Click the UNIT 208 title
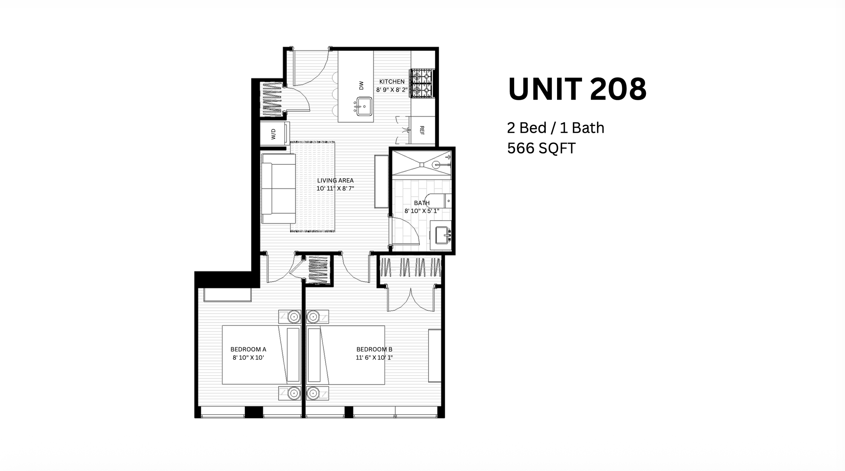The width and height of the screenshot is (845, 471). tap(577, 89)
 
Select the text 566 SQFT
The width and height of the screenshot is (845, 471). tap(541, 148)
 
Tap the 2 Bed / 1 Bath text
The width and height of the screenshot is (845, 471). tap(556, 128)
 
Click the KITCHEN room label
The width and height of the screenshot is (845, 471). tap(392, 81)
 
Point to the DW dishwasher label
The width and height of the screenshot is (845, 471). tap(361, 85)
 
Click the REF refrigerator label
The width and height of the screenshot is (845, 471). tap(422, 130)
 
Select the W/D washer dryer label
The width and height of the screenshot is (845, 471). tap(273, 134)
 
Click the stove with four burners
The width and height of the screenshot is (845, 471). tap(422, 83)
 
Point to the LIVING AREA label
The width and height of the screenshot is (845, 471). tap(335, 181)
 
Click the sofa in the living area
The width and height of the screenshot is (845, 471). tap(279, 189)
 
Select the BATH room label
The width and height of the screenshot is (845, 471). tap(422, 203)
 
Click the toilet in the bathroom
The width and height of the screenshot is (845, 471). tap(438, 201)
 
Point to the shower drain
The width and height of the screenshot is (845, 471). tap(421, 165)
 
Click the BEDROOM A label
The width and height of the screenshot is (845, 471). tap(248, 349)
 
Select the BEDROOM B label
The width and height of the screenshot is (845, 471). tap(374, 349)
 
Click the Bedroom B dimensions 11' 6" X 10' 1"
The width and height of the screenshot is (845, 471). tap(374, 357)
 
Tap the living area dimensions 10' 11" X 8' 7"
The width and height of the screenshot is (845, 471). tap(335, 189)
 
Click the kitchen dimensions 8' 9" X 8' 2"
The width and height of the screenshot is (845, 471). tap(392, 90)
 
